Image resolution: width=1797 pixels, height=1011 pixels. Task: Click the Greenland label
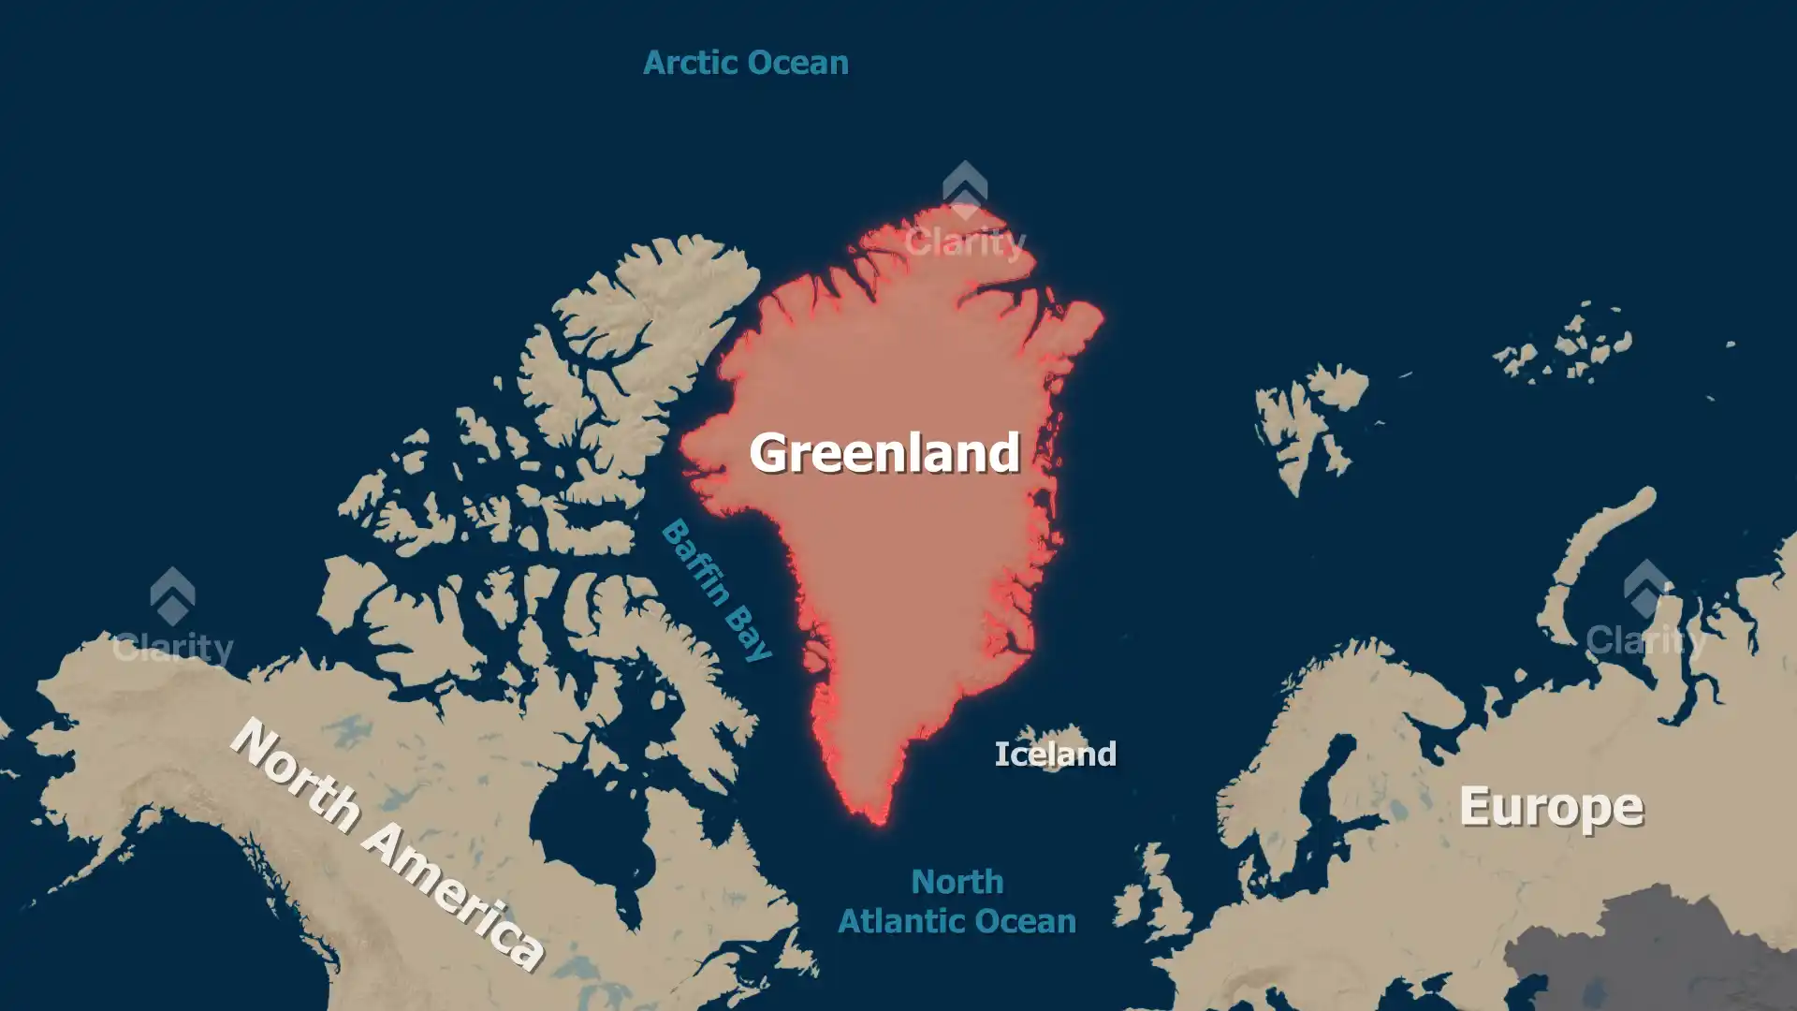click(x=884, y=452)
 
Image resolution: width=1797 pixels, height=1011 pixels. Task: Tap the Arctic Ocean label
click(x=746, y=63)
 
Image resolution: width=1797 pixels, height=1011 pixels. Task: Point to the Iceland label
click(x=1055, y=754)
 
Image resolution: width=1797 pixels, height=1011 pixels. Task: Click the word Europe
click(x=1551, y=807)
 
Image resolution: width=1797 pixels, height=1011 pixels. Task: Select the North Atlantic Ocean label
click(x=957, y=901)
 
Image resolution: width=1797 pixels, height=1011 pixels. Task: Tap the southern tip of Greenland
click(x=879, y=819)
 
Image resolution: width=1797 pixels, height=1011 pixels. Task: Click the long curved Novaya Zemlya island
click(x=1591, y=552)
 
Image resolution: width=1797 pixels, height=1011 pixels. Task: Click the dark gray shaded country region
click(x=1647, y=945)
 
